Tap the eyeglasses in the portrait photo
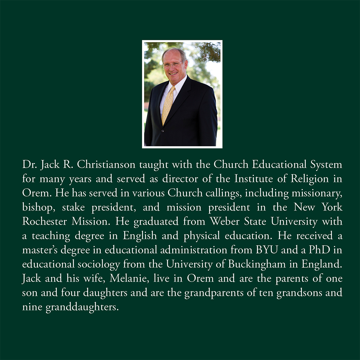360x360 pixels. click(x=172, y=65)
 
